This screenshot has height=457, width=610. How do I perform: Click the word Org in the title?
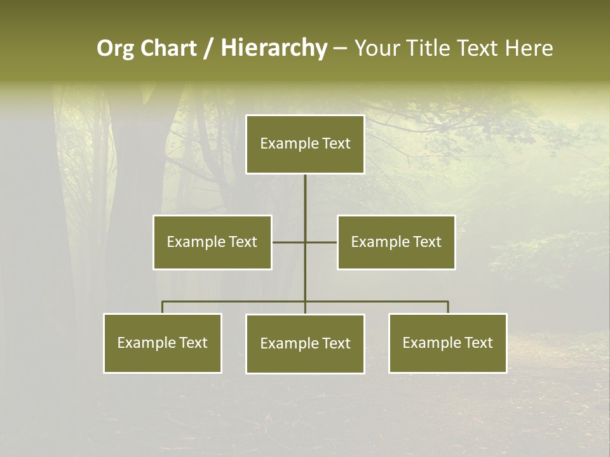tap(115, 48)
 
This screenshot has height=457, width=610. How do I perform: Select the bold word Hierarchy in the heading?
tap(274, 48)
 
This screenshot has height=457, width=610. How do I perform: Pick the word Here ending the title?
tap(529, 48)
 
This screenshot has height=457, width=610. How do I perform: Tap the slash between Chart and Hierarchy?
tap(208, 48)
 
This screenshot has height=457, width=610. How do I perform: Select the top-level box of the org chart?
tap(305, 143)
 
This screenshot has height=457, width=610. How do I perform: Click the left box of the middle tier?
tap(212, 242)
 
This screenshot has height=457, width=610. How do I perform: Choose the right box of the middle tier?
tap(396, 242)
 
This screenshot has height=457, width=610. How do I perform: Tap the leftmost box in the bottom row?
tap(163, 343)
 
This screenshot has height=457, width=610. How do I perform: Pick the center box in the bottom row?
tap(305, 343)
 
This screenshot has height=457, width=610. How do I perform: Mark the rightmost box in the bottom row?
tap(448, 343)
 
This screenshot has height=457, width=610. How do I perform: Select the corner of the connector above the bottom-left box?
tap(163, 302)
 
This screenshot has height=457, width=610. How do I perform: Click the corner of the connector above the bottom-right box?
tap(448, 302)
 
